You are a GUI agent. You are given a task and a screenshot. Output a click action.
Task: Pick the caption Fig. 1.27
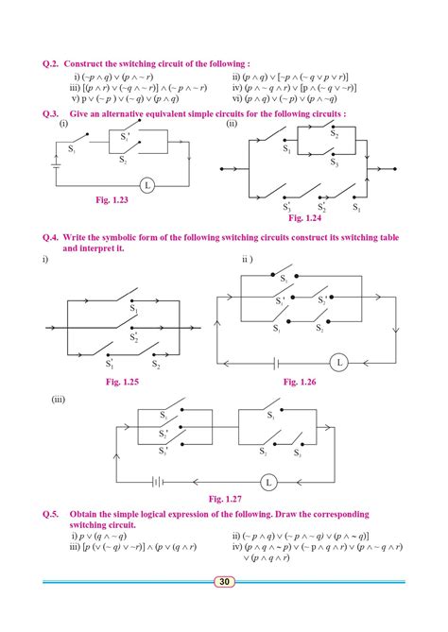229,497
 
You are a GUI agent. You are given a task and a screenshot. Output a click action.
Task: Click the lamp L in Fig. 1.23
147,184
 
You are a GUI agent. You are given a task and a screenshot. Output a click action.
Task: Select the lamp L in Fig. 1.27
268,482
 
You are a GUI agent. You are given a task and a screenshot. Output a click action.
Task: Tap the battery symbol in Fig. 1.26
276,362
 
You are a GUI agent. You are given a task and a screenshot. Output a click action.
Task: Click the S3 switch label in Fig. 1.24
334,162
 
